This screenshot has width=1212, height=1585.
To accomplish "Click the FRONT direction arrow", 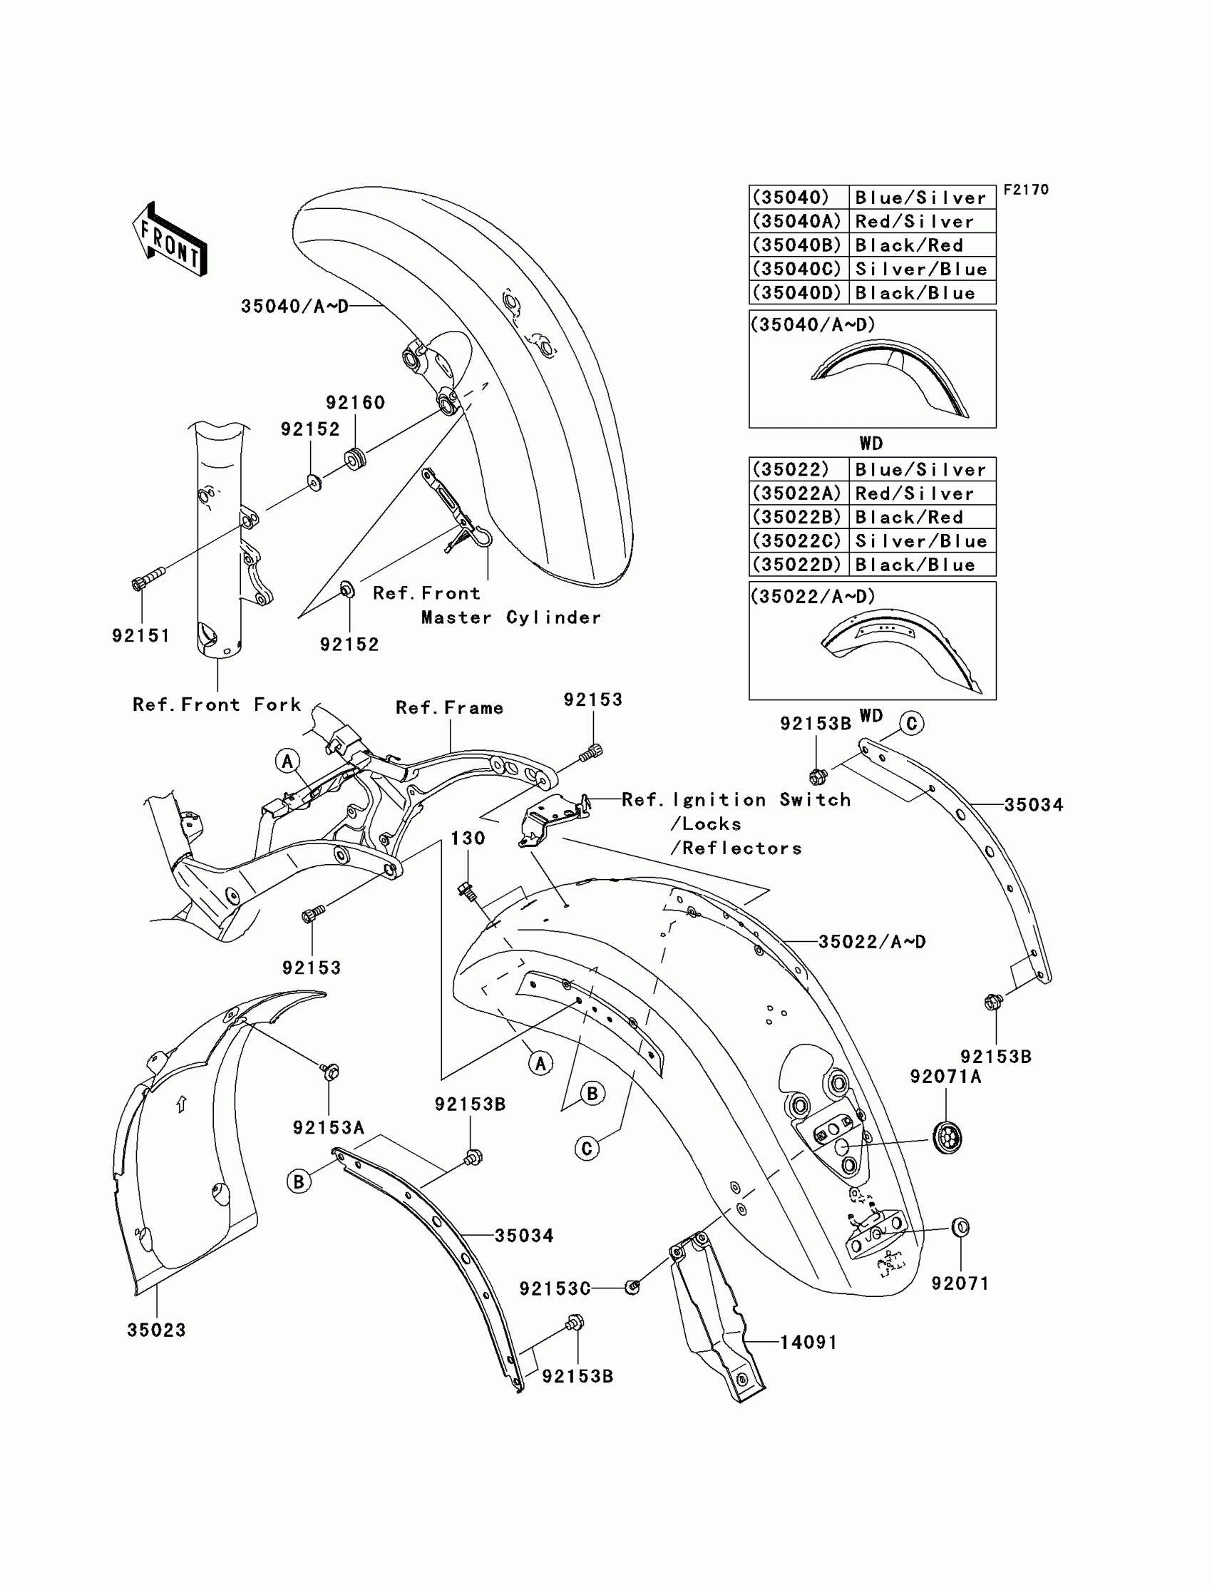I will pyautogui.click(x=170, y=240).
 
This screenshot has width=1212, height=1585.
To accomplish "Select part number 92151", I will pyautogui.click(x=140, y=635).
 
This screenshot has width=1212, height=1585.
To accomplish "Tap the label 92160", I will pyautogui.click(x=355, y=403).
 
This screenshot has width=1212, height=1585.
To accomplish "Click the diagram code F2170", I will pyautogui.click(x=1026, y=190).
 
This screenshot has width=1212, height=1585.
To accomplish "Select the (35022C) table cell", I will pyautogui.click(x=797, y=541).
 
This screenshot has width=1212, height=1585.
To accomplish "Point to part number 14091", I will pyautogui.click(x=808, y=1343).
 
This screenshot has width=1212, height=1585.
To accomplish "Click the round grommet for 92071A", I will pyautogui.click(x=947, y=1138).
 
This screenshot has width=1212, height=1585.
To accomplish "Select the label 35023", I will pyautogui.click(x=157, y=1330).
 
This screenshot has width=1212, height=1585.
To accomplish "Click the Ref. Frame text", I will pyautogui.click(x=449, y=708).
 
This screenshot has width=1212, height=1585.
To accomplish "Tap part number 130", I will pyautogui.click(x=468, y=838).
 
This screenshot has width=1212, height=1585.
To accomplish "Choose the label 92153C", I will pyautogui.click(x=555, y=1289).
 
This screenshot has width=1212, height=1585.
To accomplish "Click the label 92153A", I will pyautogui.click(x=328, y=1127).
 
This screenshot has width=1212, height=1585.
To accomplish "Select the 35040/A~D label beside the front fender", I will pyautogui.click(x=294, y=307).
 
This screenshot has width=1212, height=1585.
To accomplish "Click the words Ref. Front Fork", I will pyautogui.click(x=217, y=705).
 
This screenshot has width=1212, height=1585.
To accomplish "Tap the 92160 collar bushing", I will pyautogui.click(x=355, y=459).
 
